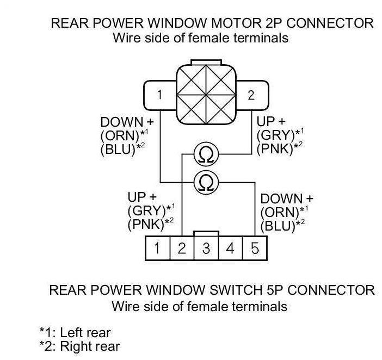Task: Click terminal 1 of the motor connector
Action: coord(159,95)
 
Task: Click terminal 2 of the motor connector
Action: coord(251,95)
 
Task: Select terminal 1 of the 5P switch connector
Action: coord(157,249)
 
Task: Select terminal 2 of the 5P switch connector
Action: coord(182,249)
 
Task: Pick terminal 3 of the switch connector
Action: coord(206,249)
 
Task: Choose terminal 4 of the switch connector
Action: coord(230,249)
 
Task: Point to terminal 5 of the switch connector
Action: coord(255,249)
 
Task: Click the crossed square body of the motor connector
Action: coord(205,94)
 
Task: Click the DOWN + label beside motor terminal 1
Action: coord(127,122)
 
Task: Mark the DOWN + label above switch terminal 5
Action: coord(287,198)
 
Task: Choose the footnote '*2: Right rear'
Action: coord(79,346)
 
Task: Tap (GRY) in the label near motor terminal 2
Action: coord(274,134)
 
